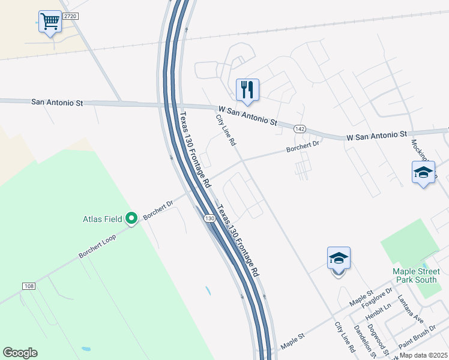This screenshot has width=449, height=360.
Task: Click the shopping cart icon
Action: point(50,22)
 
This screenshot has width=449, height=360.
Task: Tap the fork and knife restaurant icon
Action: point(247,90)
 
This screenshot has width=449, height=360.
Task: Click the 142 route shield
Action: point(301,129)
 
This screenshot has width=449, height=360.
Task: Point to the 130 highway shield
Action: point(209,218)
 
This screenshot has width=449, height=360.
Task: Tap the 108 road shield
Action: point(29,286)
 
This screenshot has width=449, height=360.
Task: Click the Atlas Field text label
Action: point(103,219)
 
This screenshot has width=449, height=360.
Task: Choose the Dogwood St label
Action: point(379,341)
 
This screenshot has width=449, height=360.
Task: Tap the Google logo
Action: point(20,353)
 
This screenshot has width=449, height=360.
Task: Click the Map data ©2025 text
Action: point(423,355)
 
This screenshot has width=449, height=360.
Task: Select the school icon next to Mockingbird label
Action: point(423,173)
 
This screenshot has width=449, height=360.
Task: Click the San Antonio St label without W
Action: point(57,103)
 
